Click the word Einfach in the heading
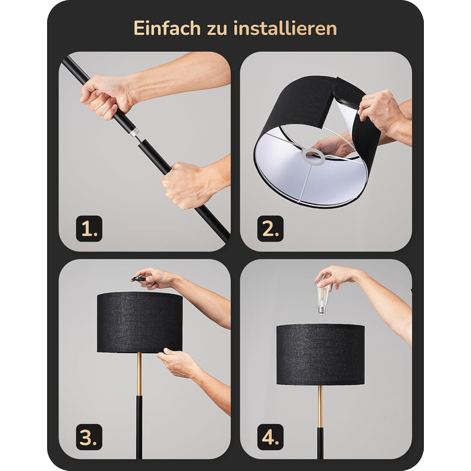(x=167, y=28)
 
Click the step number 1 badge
(x=89, y=229)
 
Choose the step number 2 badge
(x=270, y=229)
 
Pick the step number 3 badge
(x=89, y=437)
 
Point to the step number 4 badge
(x=270, y=437)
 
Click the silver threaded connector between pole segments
(x=135, y=133)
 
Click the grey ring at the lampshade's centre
(x=314, y=156)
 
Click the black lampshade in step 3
(x=140, y=322)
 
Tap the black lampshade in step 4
(x=320, y=355)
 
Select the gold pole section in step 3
(x=139, y=374)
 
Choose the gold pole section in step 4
(x=320, y=406)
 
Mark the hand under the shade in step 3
(x=177, y=363)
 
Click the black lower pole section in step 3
(x=139, y=427)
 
